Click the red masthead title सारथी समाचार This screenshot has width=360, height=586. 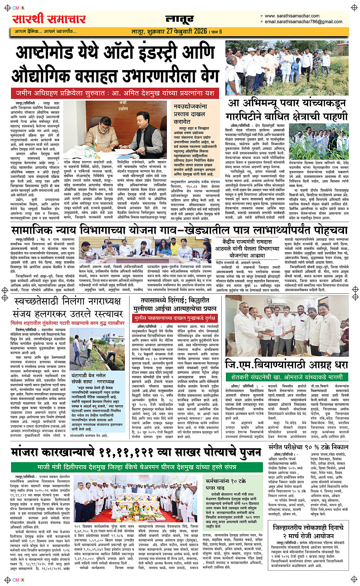pos(49,19)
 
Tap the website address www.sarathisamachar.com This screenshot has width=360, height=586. pos(292,16)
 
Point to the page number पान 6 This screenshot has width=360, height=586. pos(217,32)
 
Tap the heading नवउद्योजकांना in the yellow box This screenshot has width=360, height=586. pos(190,107)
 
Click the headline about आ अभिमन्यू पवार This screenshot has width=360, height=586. pos(286,109)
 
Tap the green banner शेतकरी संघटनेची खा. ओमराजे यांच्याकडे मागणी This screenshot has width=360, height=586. pos(286,377)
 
